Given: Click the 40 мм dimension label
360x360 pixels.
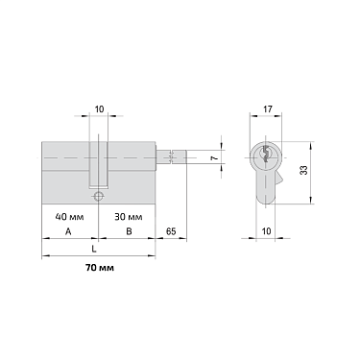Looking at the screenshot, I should pos(74,216).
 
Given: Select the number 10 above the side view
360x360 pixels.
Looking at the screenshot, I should pos(101,109).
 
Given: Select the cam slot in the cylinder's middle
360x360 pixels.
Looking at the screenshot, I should pos(100,163).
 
